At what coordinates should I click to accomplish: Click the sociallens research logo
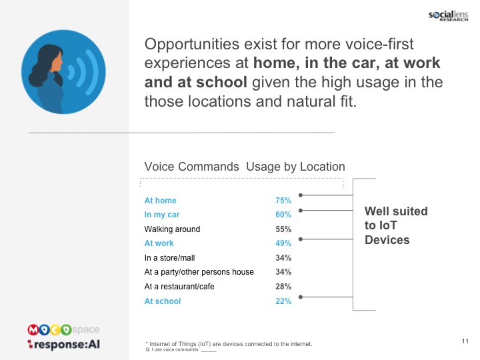coord(448,16)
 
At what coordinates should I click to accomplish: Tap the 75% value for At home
coord(283,201)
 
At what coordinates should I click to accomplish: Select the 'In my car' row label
coord(161,215)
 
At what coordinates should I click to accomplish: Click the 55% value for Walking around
coord(283,229)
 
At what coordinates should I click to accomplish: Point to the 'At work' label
coord(159,243)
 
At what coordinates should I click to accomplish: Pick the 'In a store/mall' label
coord(169,258)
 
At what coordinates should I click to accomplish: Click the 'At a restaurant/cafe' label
coord(179,287)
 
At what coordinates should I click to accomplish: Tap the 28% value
coord(283,287)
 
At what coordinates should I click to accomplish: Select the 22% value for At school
coord(283,301)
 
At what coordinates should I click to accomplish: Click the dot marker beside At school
coord(301,297)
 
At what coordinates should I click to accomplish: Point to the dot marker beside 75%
coord(301,195)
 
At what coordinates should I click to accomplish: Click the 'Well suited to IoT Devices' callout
coord(396,225)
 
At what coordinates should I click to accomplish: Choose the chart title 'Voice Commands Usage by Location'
coord(245,167)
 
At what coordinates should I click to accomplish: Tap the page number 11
coord(465,341)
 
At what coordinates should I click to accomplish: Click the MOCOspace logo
coord(63,330)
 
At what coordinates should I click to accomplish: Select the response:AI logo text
coord(64,345)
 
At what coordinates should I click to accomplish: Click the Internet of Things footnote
coord(229,344)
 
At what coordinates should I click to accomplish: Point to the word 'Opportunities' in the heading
coord(191,45)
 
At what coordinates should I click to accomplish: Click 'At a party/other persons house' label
coord(199,272)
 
